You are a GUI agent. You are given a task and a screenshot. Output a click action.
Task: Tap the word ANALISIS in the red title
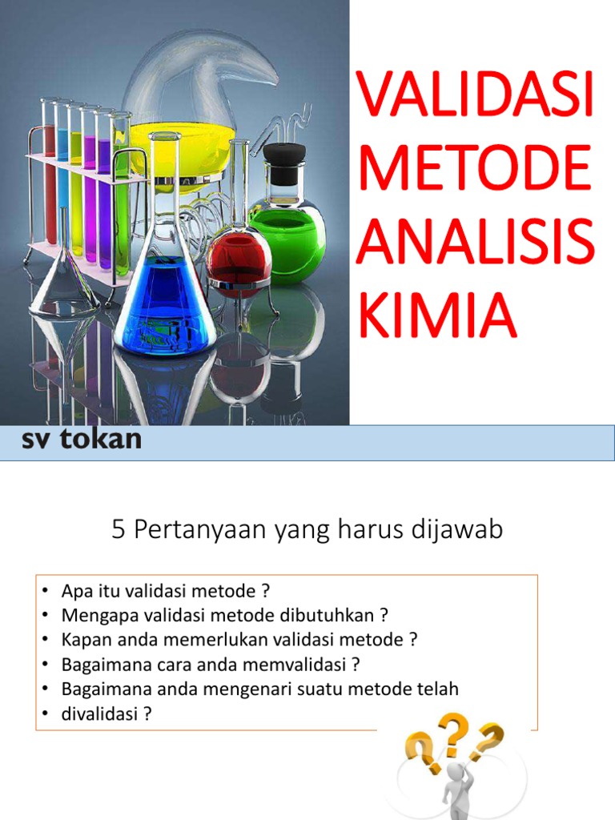click(x=476, y=243)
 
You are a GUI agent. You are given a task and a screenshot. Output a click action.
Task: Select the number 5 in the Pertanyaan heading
click(x=119, y=530)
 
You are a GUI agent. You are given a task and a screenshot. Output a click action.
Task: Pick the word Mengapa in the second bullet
click(x=94, y=615)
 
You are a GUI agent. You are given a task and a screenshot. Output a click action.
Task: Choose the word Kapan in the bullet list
click(x=82, y=640)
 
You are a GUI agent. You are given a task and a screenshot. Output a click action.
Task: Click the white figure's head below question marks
click(x=455, y=773)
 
